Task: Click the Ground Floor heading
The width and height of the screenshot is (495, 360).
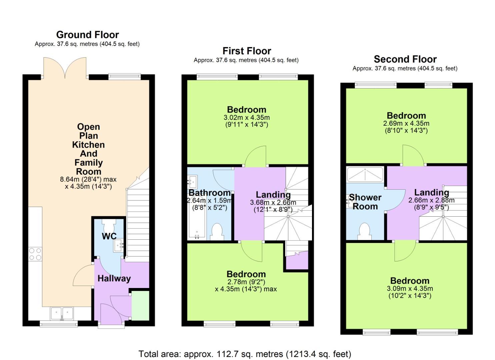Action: (x=87, y=35)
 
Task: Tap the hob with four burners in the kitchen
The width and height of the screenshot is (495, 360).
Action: (x=35, y=254)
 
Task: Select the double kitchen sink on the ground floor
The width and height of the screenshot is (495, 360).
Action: (x=62, y=313)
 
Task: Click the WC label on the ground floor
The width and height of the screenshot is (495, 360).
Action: (x=109, y=236)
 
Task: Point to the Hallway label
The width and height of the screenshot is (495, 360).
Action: (x=114, y=279)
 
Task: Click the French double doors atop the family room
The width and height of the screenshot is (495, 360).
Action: (x=65, y=68)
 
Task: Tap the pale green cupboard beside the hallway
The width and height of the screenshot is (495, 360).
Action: (x=140, y=305)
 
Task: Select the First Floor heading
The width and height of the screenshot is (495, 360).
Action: (x=247, y=51)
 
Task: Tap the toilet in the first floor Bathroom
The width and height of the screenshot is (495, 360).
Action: (x=217, y=232)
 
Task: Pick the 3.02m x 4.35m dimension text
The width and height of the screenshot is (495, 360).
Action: (x=246, y=118)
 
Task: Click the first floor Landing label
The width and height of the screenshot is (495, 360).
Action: (x=273, y=195)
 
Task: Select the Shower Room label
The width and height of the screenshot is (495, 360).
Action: (x=365, y=202)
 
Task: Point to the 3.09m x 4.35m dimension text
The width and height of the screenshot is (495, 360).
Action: (x=409, y=289)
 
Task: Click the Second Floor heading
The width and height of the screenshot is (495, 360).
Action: (x=405, y=59)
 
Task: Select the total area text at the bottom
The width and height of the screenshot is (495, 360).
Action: (x=245, y=354)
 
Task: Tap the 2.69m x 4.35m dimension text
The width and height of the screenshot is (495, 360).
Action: (x=406, y=123)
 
